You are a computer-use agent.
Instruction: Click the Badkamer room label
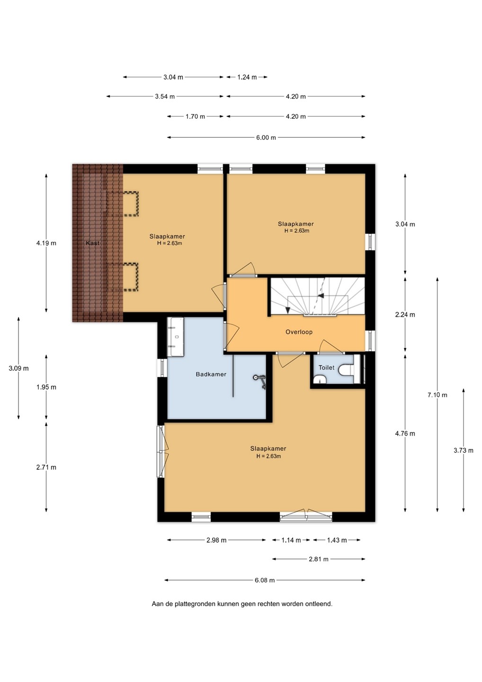pyautogui.click(x=211, y=374)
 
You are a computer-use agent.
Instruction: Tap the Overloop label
pyautogui.click(x=299, y=332)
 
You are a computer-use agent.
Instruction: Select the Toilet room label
pyautogui.click(x=326, y=368)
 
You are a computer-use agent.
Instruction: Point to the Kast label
pyautogui.click(x=92, y=243)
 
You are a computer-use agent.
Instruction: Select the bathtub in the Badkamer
pyautogui.click(x=176, y=337)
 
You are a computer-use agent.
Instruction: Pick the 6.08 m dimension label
pyautogui.click(x=264, y=580)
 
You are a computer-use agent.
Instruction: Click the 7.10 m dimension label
pyautogui.click(x=437, y=395)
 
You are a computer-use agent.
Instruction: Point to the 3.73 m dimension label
pyautogui.click(x=464, y=450)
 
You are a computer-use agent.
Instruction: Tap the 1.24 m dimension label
pyautogui.click(x=247, y=77)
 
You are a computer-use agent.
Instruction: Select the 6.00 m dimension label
pyautogui.click(x=266, y=137)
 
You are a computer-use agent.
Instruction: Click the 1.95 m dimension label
pyautogui.click(x=46, y=387)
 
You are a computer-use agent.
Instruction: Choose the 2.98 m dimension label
pyautogui.click(x=216, y=540)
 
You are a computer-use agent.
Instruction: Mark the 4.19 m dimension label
pyautogui.click(x=46, y=243)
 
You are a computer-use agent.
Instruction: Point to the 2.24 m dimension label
pyautogui.click(x=405, y=314)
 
